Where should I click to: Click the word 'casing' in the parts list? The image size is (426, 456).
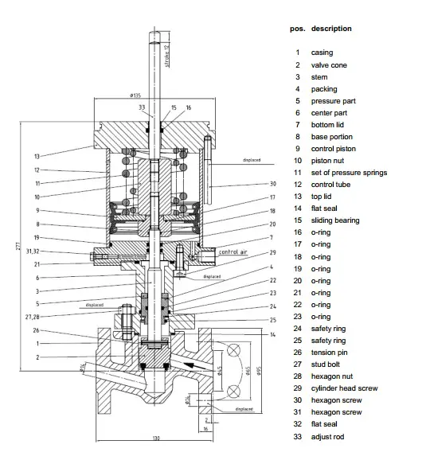[x=322, y=53]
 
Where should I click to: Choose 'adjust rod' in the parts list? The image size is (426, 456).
[x=327, y=436]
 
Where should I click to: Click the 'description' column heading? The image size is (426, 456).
[x=331, y=29]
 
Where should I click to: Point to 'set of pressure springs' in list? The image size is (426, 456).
[x=349, y=172]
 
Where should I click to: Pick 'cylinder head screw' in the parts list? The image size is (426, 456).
[x=344, y=388]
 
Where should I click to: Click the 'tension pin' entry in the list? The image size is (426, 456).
[x=329, y=353]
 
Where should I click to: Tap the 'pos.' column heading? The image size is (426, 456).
[x=297, y=29]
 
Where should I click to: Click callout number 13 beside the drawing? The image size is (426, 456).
[x=37, y=156]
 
